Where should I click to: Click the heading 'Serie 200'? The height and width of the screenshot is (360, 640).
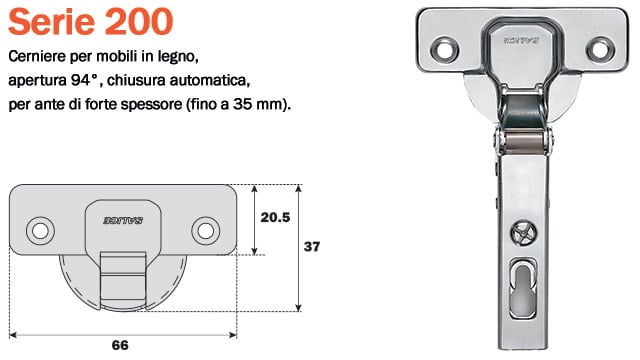[91, 22]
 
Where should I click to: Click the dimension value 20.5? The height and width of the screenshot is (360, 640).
[276, 218]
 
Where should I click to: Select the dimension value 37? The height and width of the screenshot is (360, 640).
[312, 247]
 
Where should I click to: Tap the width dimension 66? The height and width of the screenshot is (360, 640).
[120, 345]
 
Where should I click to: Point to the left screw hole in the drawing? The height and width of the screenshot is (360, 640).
[40, 231]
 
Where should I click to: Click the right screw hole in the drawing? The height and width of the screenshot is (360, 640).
[206, 231]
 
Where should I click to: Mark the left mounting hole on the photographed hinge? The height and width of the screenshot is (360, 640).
[444, 50]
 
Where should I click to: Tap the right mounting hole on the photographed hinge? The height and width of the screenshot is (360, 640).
[600, 49]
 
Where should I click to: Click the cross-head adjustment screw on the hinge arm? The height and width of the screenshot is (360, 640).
[524, 233]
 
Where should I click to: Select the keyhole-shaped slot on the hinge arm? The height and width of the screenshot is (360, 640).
[523, 290]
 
